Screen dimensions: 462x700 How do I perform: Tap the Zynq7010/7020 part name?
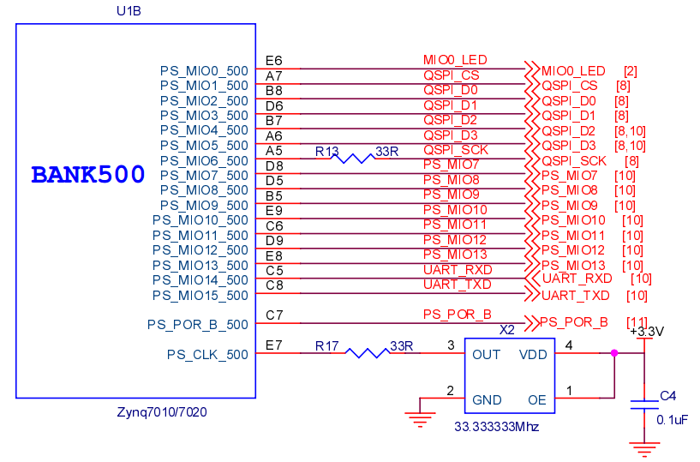(x=162, y=412)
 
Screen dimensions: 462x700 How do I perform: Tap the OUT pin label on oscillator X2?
(x=487, y=355)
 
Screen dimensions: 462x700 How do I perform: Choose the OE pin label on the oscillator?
(x=537, y=400)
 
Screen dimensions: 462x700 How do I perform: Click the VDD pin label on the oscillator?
(x=533, y=355)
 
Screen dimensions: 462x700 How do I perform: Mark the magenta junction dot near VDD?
(x=614, y=352)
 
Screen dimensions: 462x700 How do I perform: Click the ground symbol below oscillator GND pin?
(x=419, y=418)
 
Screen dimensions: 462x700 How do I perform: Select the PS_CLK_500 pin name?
(x=207, y=354)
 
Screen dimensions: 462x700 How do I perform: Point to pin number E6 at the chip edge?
(x=274, y=61)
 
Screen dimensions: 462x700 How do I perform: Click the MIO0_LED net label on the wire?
(x=455, y=60)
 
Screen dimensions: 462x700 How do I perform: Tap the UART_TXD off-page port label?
(x=576, y=295)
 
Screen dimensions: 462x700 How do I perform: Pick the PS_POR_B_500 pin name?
(x=197, y=324)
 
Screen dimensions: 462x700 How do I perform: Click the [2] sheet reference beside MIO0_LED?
(x=630, y=71)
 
